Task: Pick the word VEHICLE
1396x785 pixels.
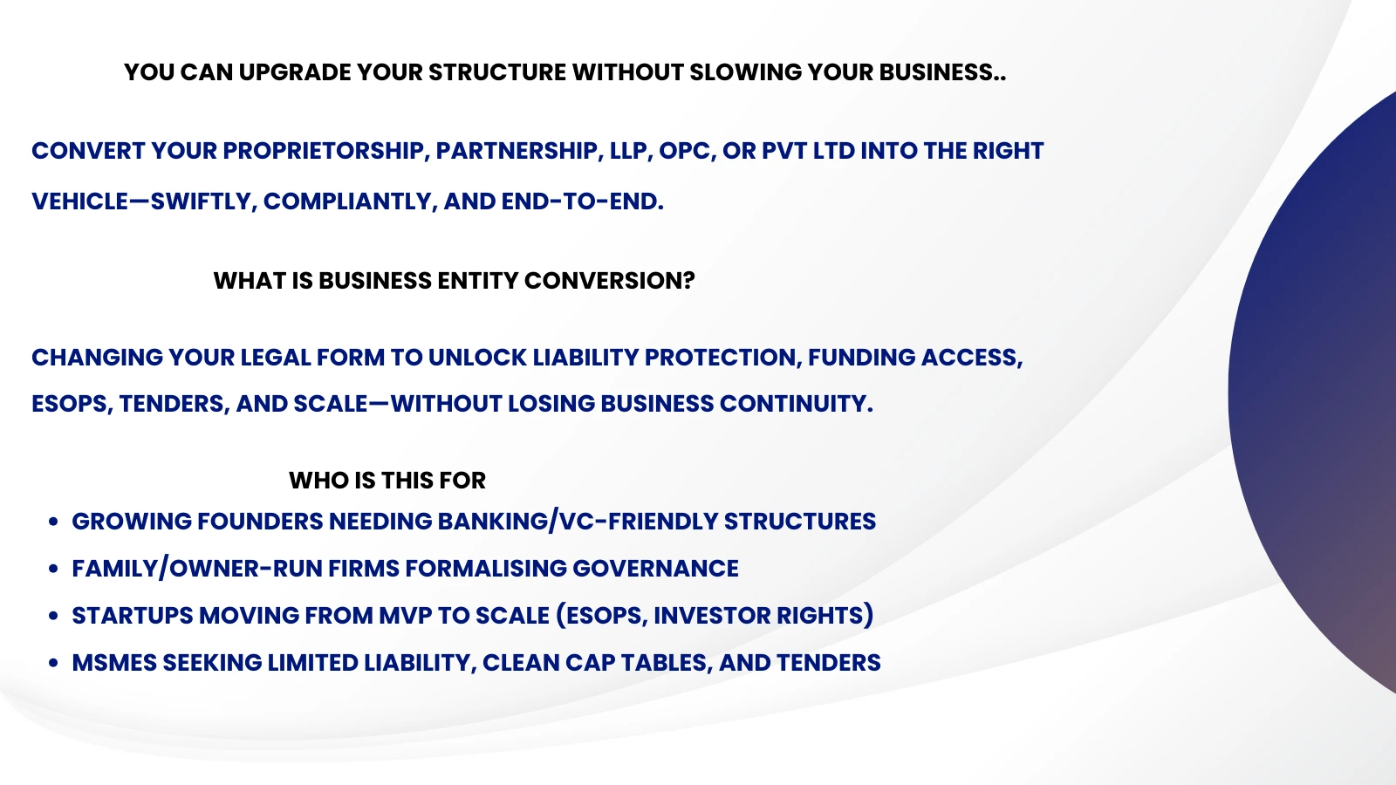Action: pyautogui.click(x=79, y=201)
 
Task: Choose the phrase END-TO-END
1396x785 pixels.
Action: pyautogui.click(x=582, y=201)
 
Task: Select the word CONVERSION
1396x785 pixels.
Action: pyautogui.click(x=610, y=281)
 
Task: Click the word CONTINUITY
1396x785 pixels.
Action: pyautogui.click(x=796, y=404)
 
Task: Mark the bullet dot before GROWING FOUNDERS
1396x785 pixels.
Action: pyautogui.click(x=54, y=522)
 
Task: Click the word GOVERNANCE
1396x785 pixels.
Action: pyautogui.click(x=655, y=569)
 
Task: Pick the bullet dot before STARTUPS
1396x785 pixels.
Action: pyautogui.click(x=54, y=616)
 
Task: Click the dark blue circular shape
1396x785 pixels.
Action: pyautogui.click(x=1317, y=392)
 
